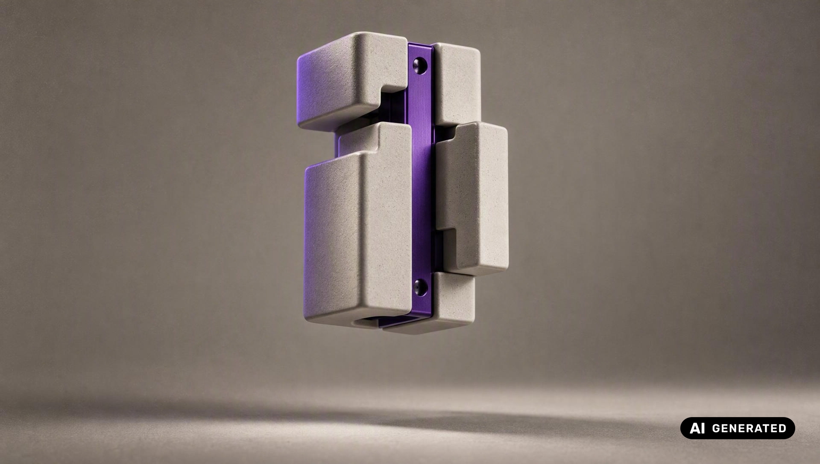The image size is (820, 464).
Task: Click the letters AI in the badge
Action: point(697,428)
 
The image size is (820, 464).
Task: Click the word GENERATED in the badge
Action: point(749,428)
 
